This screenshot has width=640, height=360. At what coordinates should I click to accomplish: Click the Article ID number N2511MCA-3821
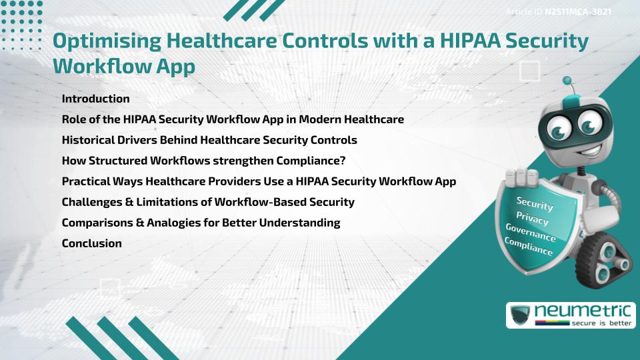pyautogui.click(x=578, y=12)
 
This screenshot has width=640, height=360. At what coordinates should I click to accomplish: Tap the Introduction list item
pyautogui.click(x=95, y=99)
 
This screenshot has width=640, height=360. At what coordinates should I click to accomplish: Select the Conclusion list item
pyautogui.click(x=91, y=243)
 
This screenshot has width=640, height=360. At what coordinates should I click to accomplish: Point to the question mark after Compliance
pyautogui.click(x=342, y=161)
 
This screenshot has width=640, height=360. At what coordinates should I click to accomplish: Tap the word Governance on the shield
pyautogui.click(x=531, y=233)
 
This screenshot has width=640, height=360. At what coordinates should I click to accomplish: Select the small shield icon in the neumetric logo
pyautogui.click(x=520, y=315)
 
